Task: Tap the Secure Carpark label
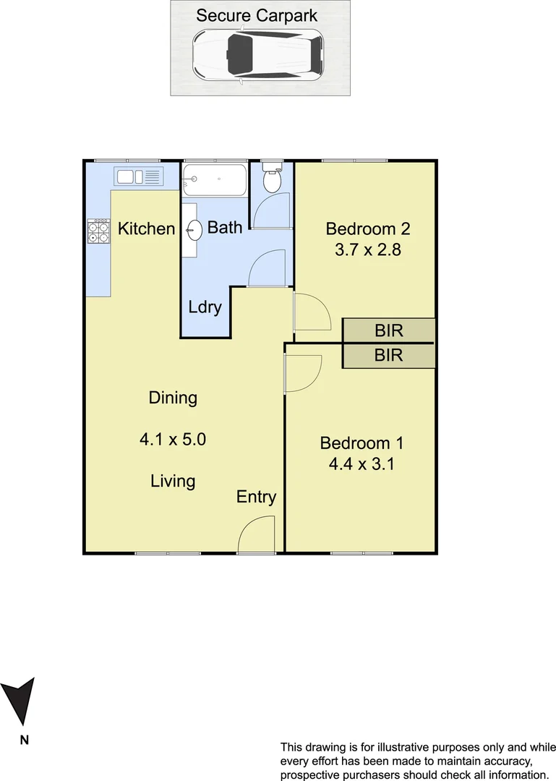click(x=257, y=15)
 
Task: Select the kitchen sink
click(x=139, y=176)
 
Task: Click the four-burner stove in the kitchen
click(x=98, y=231)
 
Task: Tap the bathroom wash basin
click(x=194, y=230)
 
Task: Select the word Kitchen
click(x=147, y=229)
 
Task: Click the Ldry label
click(x=205, y=307)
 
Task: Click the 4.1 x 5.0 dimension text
click(x=174, y=439)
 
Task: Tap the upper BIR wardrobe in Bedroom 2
click(x=389, y=330)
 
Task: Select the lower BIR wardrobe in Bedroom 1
click(x=389, y=355)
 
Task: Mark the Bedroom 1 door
click(x=302, y=372)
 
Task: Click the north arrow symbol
click(x=19, y=701)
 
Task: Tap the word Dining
click(x=173, y=397)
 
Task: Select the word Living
click(x=173, y=480)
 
